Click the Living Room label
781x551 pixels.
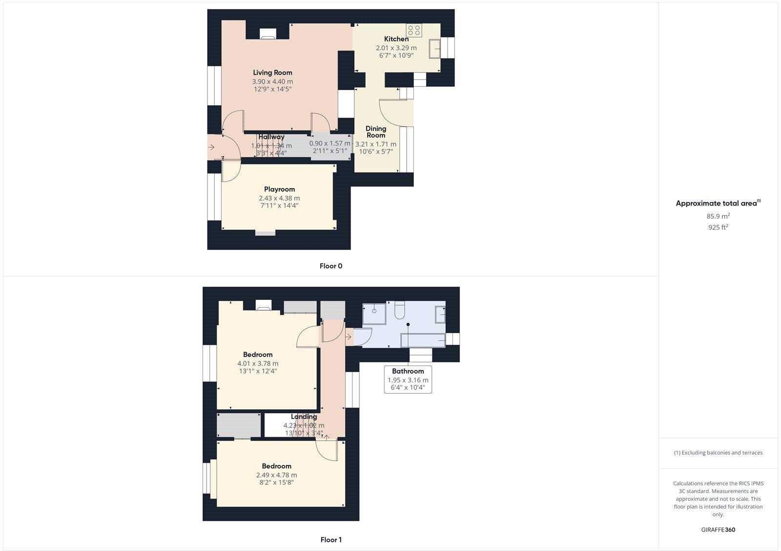pos(272,73)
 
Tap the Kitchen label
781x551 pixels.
pos(396,39)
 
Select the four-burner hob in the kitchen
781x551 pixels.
pos(414,30)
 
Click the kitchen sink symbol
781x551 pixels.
pos(434,49)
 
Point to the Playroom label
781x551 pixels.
pos(279,190)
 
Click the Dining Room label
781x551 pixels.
pos(376,132)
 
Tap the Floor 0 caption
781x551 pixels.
pos(331,266)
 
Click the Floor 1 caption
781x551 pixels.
pos(331,540)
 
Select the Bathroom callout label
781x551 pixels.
pos(408,371)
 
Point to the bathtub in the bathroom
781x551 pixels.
pos(422,339)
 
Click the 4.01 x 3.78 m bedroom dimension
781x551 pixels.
pos(258,363)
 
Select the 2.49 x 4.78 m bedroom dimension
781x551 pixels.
pos(276,475)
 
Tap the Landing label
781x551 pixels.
pos(304,417)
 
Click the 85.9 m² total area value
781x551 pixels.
pos(718,216)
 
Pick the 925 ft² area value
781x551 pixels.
pos(718,227)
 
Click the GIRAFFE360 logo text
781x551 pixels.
pos(718,530)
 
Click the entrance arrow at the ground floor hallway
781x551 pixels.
pos(211,147)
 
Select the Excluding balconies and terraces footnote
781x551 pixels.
pos(718,453)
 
